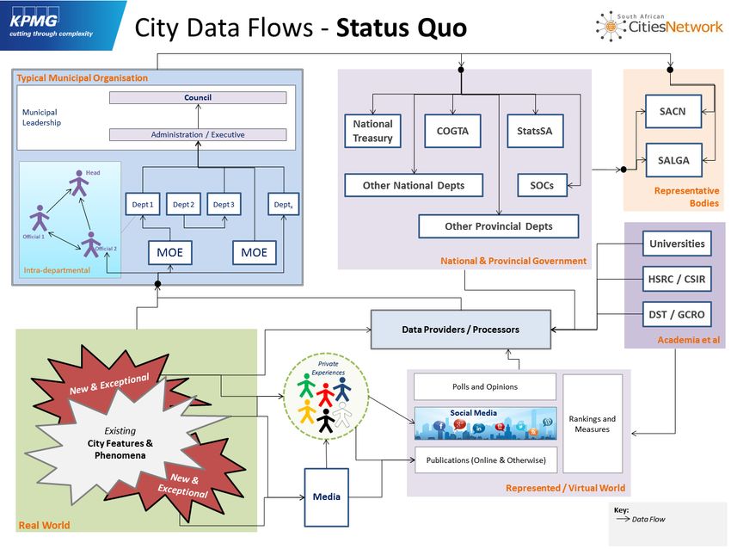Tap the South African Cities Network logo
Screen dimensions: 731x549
tap(659, 26)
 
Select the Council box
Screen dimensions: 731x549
tap(198, 97)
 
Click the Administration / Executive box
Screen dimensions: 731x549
tap(198, 134)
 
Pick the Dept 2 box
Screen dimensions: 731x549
tap(183, 204)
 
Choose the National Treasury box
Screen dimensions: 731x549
tap(372, 131)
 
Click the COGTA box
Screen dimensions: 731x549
tap(452, 131)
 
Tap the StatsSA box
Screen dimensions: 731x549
tap(535, 131)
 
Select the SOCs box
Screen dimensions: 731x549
tap(542, 185)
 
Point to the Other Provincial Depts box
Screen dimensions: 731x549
tap(498, 226)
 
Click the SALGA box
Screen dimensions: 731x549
tap(673, 160)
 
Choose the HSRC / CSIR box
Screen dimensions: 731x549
tap(677, 279)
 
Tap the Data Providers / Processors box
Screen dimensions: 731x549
tap(461, 330)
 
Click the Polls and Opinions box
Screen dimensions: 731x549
tap(485, 386)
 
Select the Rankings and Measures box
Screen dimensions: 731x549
tap(592, 423)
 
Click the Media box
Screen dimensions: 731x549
tap(326, 497)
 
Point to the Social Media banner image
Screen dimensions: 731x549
tap(485, 423)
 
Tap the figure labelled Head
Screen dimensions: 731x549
tap(79, 182)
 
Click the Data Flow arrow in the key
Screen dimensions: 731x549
tap(623, 519)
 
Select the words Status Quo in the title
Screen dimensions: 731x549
tap(402, 28)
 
